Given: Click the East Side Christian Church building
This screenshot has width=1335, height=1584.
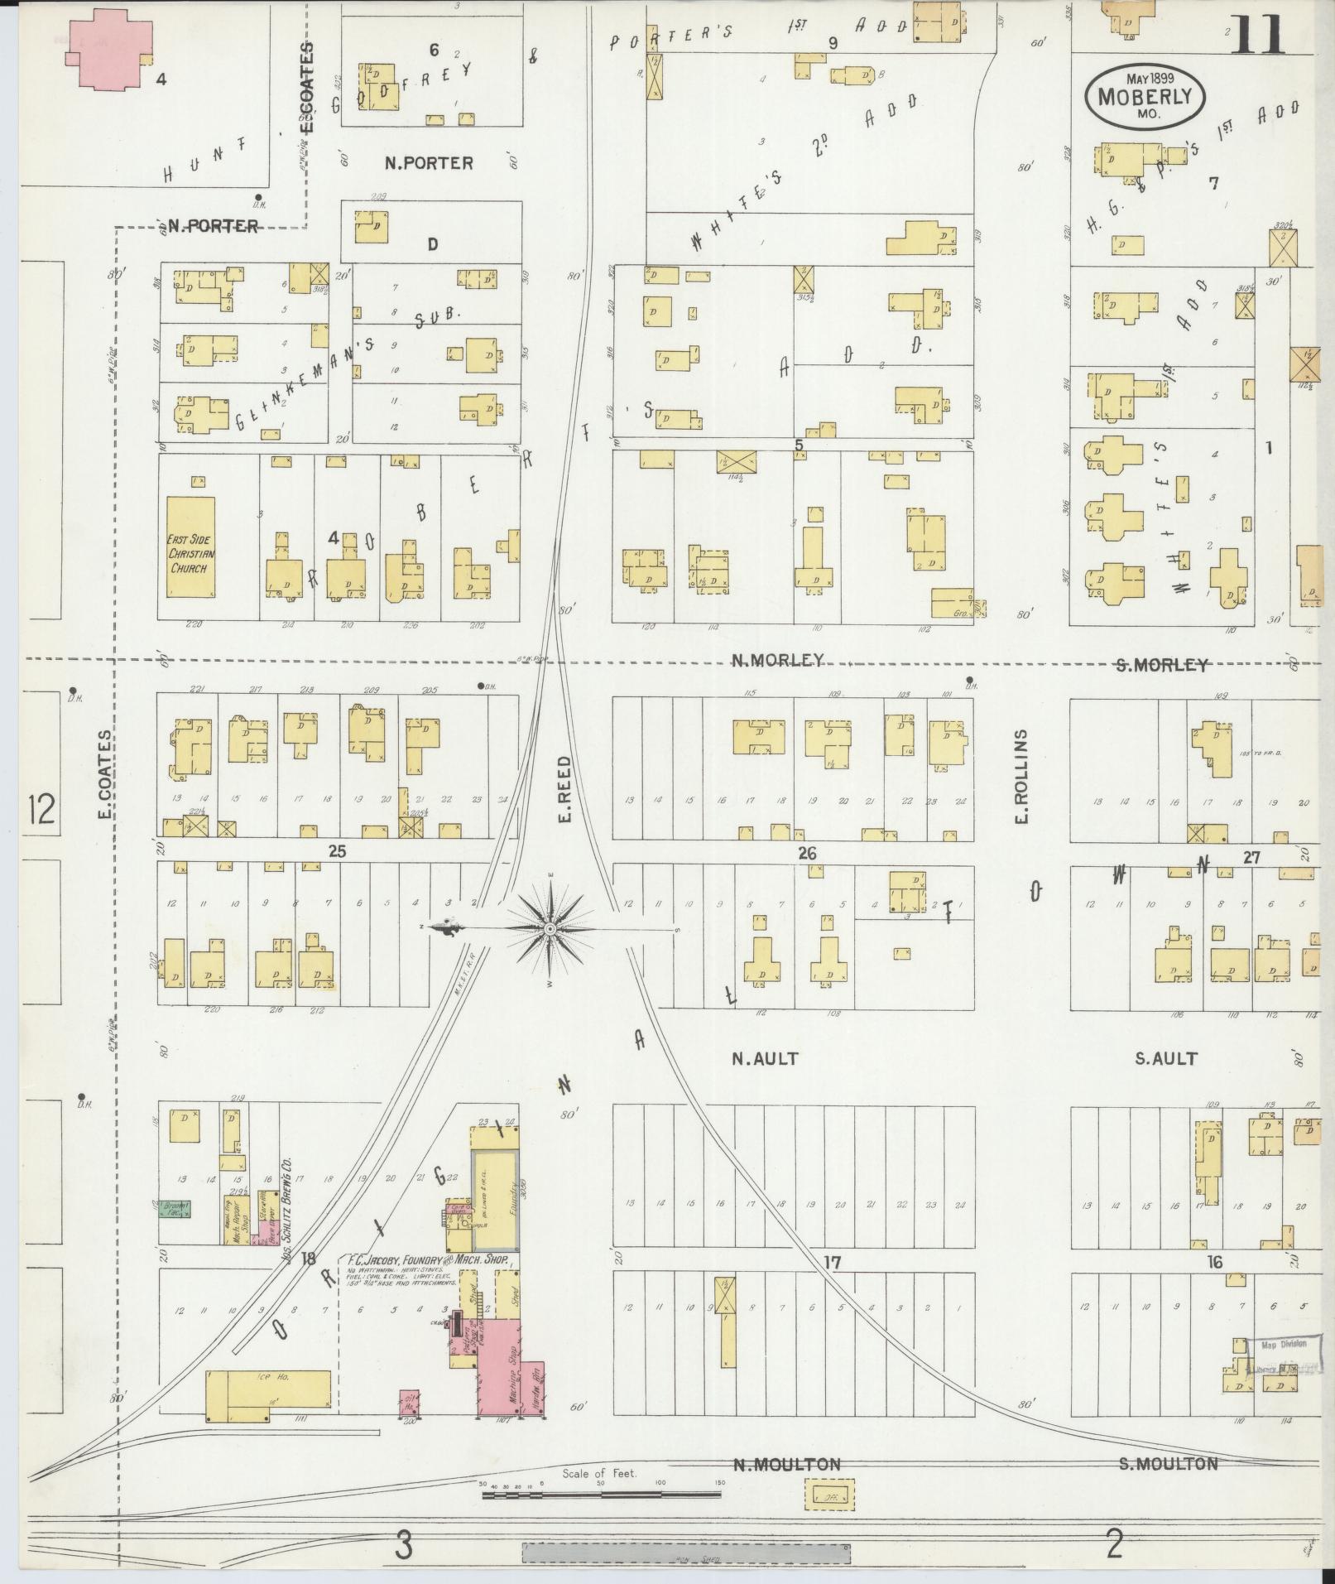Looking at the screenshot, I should click(191, 546).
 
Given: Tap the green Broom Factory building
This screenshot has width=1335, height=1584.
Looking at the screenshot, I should click(175, 1209).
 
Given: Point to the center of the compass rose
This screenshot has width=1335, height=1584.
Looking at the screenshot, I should click(550, 930).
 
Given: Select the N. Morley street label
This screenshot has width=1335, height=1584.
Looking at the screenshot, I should click(777, 660).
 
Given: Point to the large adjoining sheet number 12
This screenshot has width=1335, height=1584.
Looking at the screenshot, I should click(39, 809).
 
